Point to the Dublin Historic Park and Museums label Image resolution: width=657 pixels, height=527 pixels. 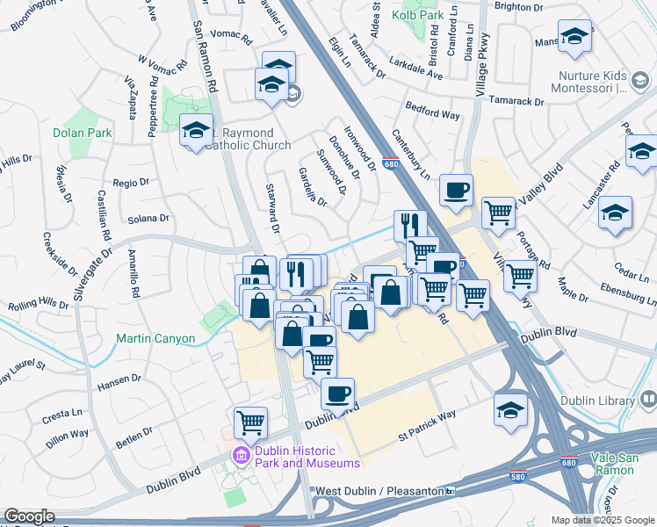tap(307, 457)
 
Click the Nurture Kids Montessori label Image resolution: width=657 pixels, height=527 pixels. tap(600, 82)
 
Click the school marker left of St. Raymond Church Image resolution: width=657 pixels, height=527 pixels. tap(196, 133)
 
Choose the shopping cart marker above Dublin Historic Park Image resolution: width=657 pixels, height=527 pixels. tap(251, 423)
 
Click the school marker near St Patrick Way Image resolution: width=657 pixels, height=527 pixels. tap(511, 410)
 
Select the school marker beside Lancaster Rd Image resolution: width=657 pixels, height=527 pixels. tap(615, 214)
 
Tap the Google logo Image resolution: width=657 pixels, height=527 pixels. tap(29, 517)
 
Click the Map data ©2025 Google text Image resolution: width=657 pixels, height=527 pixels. tap(602, 520)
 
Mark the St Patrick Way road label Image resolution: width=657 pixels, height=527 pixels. tap(427, 424)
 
